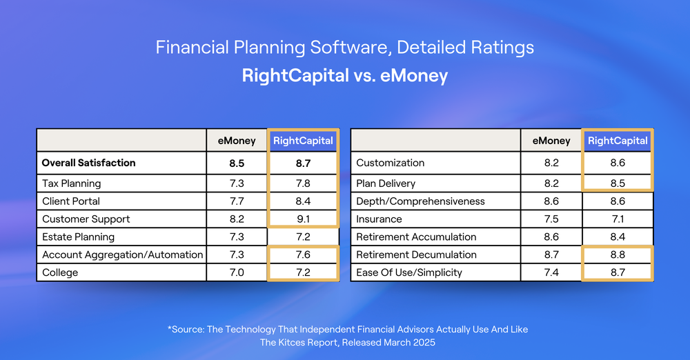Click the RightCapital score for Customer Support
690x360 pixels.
(303, 219)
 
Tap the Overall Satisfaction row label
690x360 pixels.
(88, 163)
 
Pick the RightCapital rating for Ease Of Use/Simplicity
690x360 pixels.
(617, 272)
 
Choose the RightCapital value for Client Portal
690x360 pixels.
(303, 201)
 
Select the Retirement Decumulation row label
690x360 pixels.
(416, 254)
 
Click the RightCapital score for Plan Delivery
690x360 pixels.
(617, 183)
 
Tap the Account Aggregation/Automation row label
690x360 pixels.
(122, 254)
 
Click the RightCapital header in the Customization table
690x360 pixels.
(617, 141)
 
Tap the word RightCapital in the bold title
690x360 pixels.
(295, 75)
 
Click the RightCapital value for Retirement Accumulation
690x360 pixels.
(617, 237)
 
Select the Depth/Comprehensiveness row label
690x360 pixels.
(420, 201)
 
